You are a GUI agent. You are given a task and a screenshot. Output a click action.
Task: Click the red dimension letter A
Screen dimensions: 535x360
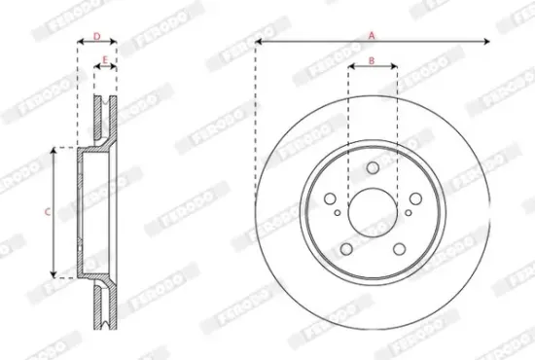point(372,35)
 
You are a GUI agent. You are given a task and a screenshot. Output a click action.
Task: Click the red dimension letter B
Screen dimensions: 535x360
point(372,60)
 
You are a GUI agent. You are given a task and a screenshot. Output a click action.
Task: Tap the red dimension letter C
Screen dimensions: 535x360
point(48,212)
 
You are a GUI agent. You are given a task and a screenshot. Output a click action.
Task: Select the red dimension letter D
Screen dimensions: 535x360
point(97,36)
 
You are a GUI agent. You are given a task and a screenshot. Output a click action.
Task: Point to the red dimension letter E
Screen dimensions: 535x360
point(105,60)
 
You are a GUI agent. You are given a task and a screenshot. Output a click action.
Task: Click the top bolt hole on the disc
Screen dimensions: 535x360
point(373,168)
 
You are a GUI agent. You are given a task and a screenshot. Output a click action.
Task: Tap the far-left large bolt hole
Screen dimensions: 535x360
point(330,198)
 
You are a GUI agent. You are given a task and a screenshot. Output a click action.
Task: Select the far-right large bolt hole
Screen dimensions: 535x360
point(415,198)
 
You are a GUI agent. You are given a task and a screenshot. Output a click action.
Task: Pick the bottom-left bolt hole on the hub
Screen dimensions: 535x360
point(346,249)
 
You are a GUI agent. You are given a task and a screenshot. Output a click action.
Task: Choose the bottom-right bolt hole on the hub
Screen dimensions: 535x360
point(399,249)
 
